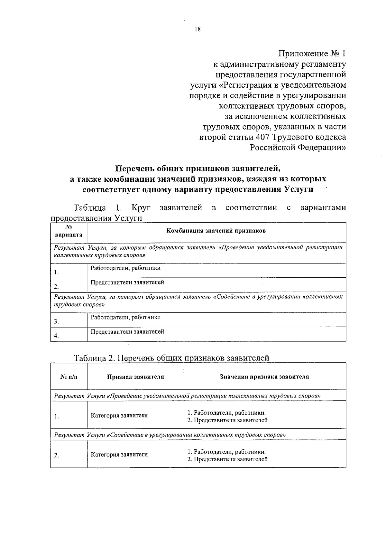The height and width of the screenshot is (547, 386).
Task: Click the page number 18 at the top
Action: coord(198,29)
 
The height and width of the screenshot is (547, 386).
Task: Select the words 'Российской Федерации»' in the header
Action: coord(298,148)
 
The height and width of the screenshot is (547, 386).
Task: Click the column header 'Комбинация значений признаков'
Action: coord(216,231)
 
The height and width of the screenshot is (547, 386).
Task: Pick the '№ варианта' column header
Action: coord(69,231)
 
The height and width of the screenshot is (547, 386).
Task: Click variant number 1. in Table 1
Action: coord(56,273)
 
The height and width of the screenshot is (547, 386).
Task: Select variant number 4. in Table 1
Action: coord(56,336)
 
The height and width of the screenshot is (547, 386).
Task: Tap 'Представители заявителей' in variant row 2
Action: coord(127,283)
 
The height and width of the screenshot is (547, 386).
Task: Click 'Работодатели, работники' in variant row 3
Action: coord(125,317)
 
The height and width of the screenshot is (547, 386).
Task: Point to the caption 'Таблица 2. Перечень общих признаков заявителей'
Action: coord(171,358)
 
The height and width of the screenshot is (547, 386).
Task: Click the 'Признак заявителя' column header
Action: coord(135,377)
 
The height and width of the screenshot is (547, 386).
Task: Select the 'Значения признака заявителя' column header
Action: coord(264,377)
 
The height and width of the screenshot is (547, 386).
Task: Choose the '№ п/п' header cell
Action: coord(69,377)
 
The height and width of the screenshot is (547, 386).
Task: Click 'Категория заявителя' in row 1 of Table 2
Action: coord(119,415)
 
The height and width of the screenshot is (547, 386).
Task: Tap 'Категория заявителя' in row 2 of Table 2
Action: coord(119,455)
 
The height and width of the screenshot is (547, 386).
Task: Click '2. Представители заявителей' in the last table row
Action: coord(227,459)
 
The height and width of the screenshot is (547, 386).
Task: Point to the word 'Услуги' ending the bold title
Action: coord(299,189)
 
